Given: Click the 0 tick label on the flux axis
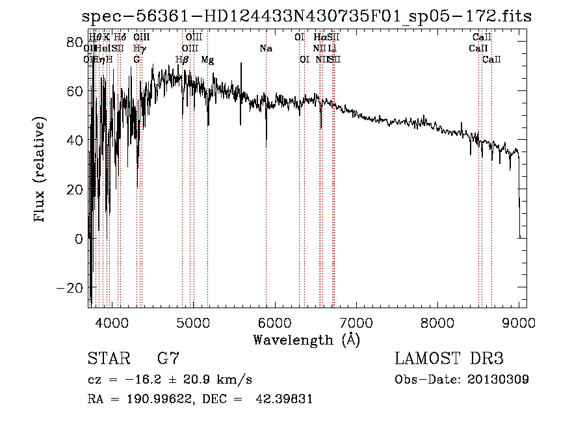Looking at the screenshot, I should pyautogui.click(x=79, y=239).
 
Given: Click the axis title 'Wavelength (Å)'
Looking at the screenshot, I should pyautogui.click(x=306, y=339).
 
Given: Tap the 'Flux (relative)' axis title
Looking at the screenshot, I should pyautogui.click(x=40, y=170).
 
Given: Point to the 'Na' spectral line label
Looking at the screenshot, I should pyautogui.click(x=265, y=49).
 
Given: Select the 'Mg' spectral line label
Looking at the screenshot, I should pyautogui.click(x=207, y=60).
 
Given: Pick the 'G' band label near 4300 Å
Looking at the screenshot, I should pyautogui.click(x=136, y=60).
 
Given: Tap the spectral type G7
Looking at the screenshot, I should pyautogui.click(x=168, y=358).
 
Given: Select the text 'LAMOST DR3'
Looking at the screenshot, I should pyautogui.click(x=448, y=358).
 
